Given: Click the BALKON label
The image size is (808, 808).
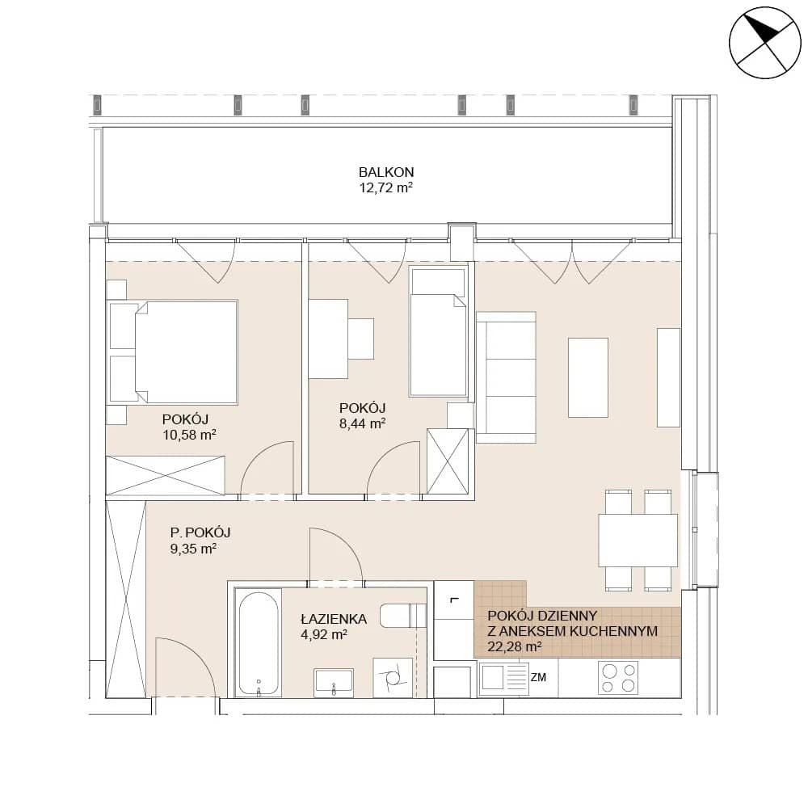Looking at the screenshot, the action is [x=386, y=172].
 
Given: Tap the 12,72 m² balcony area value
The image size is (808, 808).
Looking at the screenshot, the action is [x=386, y=187].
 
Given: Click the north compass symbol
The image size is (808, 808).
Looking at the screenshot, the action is [x=765, y=43].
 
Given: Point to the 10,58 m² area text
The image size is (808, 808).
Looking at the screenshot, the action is [x=189, y=435].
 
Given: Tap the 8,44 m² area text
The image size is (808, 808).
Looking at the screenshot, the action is [x=362, y=423].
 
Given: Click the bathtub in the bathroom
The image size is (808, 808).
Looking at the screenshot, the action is [x=259, y=644].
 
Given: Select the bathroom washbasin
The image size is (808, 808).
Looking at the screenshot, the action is [x=334, y=681].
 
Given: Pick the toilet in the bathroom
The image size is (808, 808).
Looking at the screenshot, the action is [x=403, y=615].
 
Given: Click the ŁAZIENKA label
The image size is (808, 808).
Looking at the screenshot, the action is [x=334, y=619].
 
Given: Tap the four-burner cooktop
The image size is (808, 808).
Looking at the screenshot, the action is [x=618, y=678].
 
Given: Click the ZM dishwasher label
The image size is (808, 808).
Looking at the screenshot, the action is [x=538, y=677].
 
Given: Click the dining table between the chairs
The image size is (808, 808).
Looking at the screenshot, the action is [x=638, y=540].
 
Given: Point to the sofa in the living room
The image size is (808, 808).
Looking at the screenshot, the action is [x=506, y=377].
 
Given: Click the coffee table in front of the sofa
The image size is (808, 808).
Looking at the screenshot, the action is [x=588, y=377].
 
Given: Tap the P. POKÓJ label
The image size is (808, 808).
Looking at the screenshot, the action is [x=200, y=532].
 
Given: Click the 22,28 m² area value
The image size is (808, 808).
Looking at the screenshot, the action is [x=514, y=646].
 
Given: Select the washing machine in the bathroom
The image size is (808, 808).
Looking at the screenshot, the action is [x=393, y=678].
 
